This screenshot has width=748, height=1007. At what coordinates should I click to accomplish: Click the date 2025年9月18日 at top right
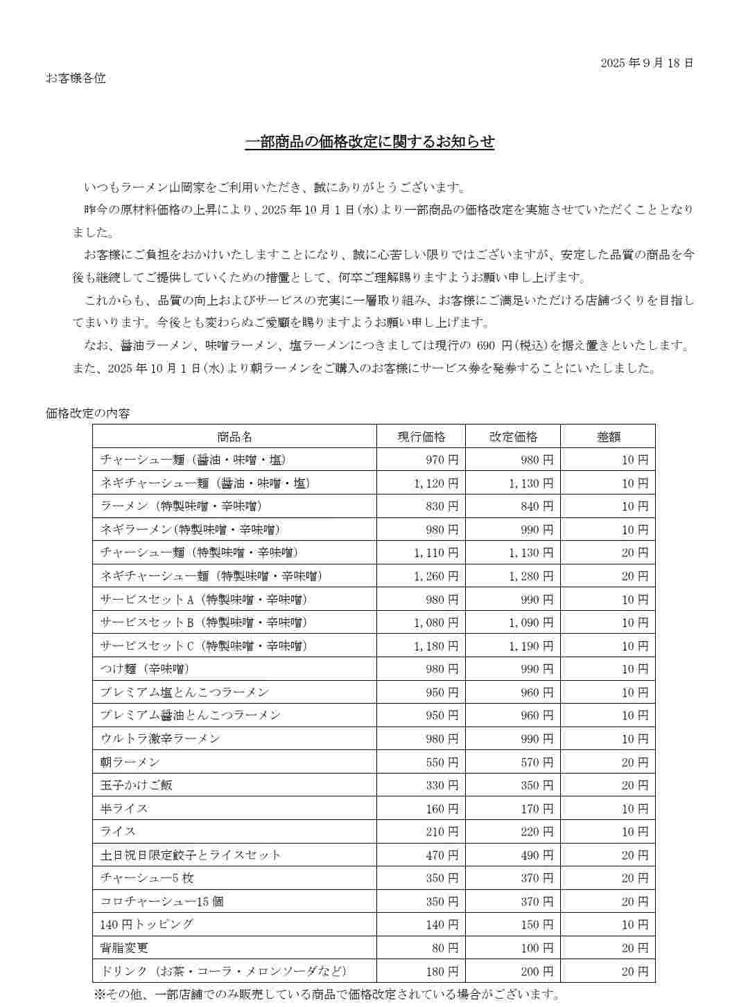pyautogui.click(x=646, y=63)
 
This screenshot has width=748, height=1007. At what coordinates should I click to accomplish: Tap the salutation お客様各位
pyautogui.click(x=76, y=78)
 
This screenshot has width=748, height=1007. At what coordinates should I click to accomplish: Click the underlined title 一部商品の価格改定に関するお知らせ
pyautogui.click(x=369, y=142)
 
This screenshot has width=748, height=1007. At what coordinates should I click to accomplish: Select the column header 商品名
pyautogui.click(x=234, y=437)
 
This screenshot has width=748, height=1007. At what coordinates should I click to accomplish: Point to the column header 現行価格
pyautogui.click(x=421, y=437)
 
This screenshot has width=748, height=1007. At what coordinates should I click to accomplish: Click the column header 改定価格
pyautogui.click(x=513, y=437)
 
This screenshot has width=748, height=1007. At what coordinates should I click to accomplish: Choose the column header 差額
pyautogui.click(x=608, y=437)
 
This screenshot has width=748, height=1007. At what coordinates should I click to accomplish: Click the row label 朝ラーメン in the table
pyautogui.click(x=130, y=762)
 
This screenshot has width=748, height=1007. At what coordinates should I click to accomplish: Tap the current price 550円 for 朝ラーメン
pyautogui.click(x=442, y=763)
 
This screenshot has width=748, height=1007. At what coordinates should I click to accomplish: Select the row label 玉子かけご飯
pyautogui.click(x=137, y=785)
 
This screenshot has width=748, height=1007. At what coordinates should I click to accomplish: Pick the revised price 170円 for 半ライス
pyautogui.click(x=537, y=809)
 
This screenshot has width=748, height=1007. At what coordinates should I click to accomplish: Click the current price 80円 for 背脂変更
pyautogui.click(x=445, y=948)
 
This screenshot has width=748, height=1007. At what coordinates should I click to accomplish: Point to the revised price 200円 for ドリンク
pyautogui.click(x=537, y=972)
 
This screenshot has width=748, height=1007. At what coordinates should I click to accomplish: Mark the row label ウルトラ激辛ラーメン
pyautogui.click(x=160, y=739)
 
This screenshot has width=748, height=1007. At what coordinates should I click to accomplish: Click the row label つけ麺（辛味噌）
pyautogui.click(x=145, y=669)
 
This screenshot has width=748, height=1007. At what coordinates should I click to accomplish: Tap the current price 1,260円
pyautogui.click(x=436, y=576)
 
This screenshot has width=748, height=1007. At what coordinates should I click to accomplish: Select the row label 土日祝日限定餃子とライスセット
pyautogui.click(x=191, y=855)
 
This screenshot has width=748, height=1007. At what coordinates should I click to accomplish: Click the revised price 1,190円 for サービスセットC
pyautogui.click(x=531, y=646)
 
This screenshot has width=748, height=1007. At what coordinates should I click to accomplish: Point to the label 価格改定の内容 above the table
pyautogui.click(x=88, y=413)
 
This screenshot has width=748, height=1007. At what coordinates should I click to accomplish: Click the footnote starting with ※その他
pyautogui.click(x=327, y=995)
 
